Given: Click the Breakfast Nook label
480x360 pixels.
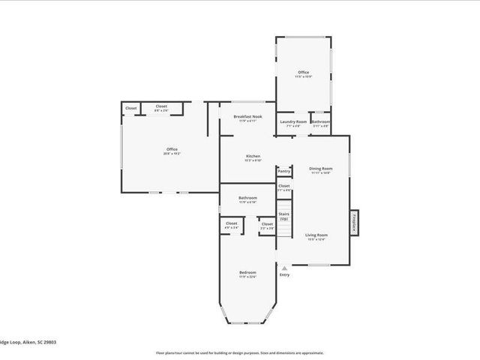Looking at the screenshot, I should pos(247,116).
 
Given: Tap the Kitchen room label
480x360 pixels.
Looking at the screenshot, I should pos(253,156).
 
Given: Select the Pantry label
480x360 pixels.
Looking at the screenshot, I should pos(283,171).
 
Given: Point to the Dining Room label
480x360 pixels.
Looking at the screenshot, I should pos(321,169).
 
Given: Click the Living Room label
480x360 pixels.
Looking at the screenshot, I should pos(316,235).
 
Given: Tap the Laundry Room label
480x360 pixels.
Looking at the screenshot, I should pos(293,121).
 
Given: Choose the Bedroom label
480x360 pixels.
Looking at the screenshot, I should pos(247,271).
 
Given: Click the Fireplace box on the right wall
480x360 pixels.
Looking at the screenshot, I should pos(353,222).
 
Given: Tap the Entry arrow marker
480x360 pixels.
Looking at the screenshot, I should pos(283,268).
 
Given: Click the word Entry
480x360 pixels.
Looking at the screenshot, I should pos(284,274).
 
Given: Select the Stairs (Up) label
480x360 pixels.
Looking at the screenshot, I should pos(283,216).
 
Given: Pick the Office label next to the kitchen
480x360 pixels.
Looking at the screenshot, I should pos(172,149).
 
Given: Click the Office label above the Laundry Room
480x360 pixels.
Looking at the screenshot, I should pos(303,72).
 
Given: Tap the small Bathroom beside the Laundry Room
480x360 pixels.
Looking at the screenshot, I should pos(321,121).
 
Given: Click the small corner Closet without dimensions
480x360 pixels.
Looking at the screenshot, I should pos(130,108).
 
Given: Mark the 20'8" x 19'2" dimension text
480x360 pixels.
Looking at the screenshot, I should pos(172,154).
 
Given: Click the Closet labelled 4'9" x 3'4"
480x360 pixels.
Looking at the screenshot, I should pos(231,224).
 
